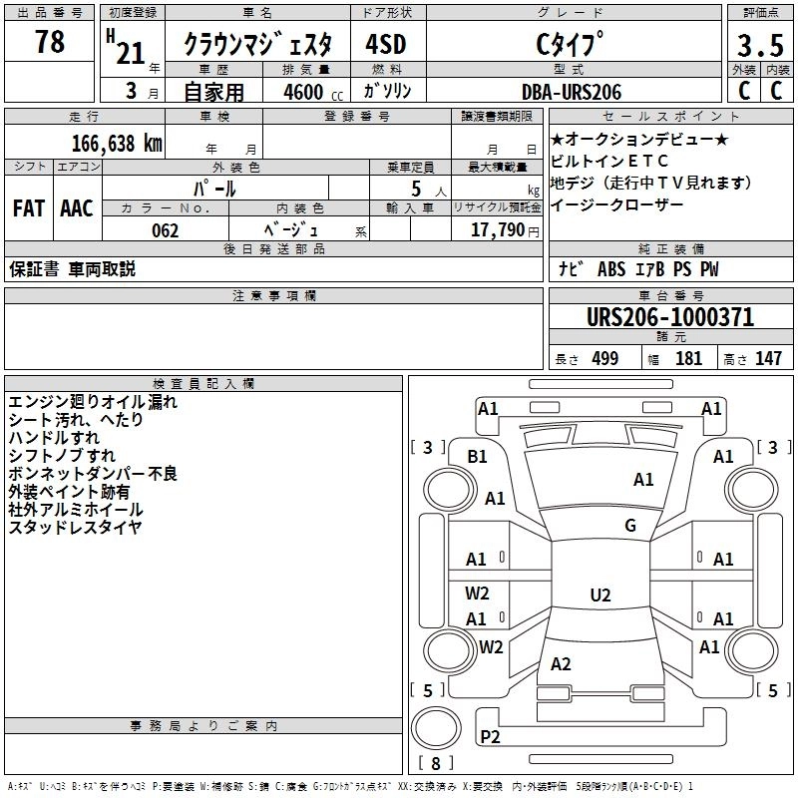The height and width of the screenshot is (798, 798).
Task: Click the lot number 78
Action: pos(49,43)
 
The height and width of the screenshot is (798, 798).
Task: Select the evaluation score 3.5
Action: pos(758,46)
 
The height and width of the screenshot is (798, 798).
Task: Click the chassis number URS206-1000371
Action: pos(669,318)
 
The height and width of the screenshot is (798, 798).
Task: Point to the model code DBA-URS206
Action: pos(571,92)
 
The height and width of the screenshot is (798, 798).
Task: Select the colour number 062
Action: pos(165,230)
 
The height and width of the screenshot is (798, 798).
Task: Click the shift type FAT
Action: pos(28,208)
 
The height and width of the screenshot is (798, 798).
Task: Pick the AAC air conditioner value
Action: pos(77,208)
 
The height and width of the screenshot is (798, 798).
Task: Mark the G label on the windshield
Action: pos(630,526)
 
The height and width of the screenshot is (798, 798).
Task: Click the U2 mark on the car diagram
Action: pos(599,596)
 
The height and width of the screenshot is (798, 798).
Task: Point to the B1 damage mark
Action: pos(478,456)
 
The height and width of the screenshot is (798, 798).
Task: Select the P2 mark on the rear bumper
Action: pos(490,737)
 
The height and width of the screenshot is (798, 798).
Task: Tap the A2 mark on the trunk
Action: pos(561,664)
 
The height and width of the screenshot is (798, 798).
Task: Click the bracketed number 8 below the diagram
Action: pos(436,763)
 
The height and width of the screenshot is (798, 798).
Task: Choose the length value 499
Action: pos(604,359)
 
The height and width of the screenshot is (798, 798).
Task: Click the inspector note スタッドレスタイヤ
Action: pos(76,528)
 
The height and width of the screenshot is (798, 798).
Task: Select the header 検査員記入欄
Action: pos(203,383)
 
